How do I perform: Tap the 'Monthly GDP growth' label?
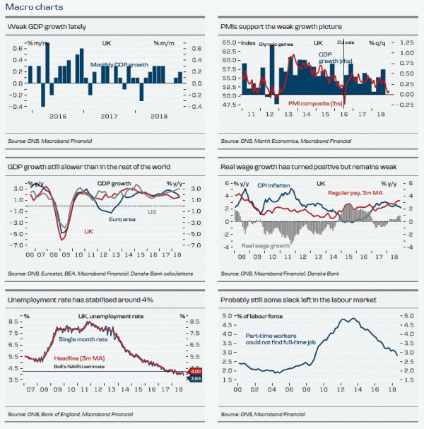tap(119, 64)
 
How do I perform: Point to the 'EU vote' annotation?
tap(347, 44)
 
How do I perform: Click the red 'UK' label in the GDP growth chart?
tap(88, 231)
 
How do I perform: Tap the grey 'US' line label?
tap(151, 211)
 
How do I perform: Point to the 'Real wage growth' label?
tap(266, 246)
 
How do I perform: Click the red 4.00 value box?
tap(196, 372)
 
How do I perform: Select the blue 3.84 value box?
tap(196, 379)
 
